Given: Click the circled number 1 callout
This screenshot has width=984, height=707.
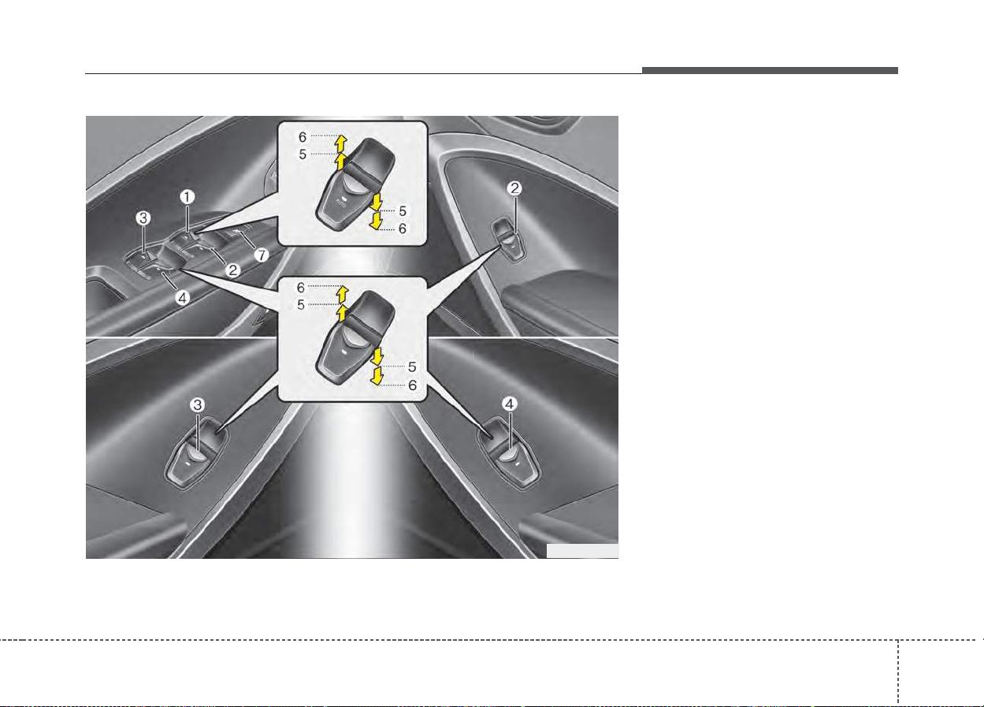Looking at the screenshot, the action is (188, 197).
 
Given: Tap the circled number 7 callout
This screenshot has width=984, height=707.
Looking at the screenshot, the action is (262, 255).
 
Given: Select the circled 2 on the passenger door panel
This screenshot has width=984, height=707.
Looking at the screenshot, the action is (514, 188).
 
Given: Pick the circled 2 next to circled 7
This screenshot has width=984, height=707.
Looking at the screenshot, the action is (233, 270).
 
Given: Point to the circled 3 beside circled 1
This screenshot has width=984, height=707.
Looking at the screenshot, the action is (143, 218).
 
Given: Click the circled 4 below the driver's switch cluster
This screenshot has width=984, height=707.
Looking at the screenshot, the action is (182, 298).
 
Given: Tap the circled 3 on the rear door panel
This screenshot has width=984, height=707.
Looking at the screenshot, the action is (198, 404).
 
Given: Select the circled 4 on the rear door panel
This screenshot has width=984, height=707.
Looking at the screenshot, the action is (509, 404).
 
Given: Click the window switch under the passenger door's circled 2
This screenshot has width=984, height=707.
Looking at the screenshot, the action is (508, 240).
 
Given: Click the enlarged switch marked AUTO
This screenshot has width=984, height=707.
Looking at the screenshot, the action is (355, 184).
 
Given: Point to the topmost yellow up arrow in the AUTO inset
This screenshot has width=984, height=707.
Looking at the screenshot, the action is (341, 143).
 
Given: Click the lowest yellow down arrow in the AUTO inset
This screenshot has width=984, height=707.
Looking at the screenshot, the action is (376, 221).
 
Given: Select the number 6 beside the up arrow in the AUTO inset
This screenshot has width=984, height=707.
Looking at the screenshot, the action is (303, 137).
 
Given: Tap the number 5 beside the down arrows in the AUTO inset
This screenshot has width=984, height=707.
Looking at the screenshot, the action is (403, 211).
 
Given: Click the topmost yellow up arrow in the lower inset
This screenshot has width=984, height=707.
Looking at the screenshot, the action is (343, 293).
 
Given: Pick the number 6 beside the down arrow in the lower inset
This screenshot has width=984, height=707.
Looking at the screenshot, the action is (412, 385).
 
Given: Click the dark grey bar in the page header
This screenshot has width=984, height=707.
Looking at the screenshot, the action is (770, 70).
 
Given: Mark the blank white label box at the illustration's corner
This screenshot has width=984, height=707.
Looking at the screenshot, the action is (582, 551).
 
